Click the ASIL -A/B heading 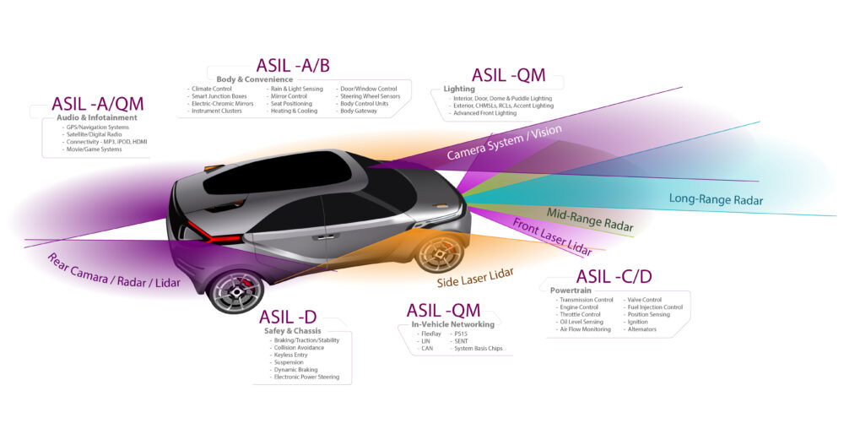pyautogui.click(x=294, y=66)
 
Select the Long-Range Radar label pyautogui.click(x=716, y=200)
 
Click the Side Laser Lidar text pyautogui.click(x=476, y=277)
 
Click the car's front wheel pyautogui.click(x=440, y=253)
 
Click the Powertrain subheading pyautogui.click(x=559, y=290)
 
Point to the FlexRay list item pyautogui.click(x=430, y=334)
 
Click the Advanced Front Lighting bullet pyautogui.click(x=485, y=113)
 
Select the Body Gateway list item pyautogui.click(x=360, y=111)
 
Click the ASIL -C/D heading pyautogui.click(x=614, y=277)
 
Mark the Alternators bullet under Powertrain pyautogui.click(x=644, y=329)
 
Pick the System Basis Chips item pyautogui.click(x=482, y=348)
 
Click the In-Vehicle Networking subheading pyautogui.click(x=453, y=323)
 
